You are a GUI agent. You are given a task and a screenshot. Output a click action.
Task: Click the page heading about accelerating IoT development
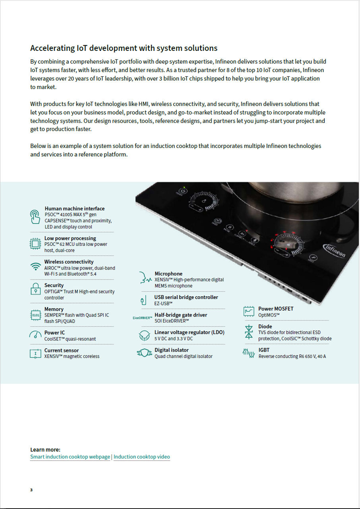124,48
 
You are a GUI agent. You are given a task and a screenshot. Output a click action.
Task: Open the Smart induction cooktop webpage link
70,457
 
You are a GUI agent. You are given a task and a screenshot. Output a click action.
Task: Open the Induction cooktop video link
141,457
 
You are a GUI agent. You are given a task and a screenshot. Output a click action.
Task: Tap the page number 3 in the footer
31,490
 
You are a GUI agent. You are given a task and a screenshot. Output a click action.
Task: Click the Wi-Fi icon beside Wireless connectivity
36,266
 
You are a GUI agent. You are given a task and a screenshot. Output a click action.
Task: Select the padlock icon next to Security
36,289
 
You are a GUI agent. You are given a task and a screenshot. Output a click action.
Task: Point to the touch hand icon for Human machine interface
35,217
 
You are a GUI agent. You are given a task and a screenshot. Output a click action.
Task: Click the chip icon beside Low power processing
35,243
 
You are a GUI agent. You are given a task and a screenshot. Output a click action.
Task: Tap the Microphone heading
168,274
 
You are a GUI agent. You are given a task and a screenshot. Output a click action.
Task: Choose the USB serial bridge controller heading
186,297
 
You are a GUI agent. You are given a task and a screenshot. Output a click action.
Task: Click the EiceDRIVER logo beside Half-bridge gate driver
142,318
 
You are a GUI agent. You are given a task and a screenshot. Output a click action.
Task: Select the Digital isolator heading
172,350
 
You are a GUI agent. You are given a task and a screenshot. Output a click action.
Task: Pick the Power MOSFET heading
276,309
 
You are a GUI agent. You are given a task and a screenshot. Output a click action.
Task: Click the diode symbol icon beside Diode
249,332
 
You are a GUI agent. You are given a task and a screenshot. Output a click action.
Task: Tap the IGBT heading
264,350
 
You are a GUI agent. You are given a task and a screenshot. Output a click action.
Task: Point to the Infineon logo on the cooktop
335,250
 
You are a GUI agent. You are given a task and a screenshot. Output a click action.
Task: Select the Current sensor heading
62,350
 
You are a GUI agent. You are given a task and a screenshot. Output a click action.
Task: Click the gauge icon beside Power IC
35,334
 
